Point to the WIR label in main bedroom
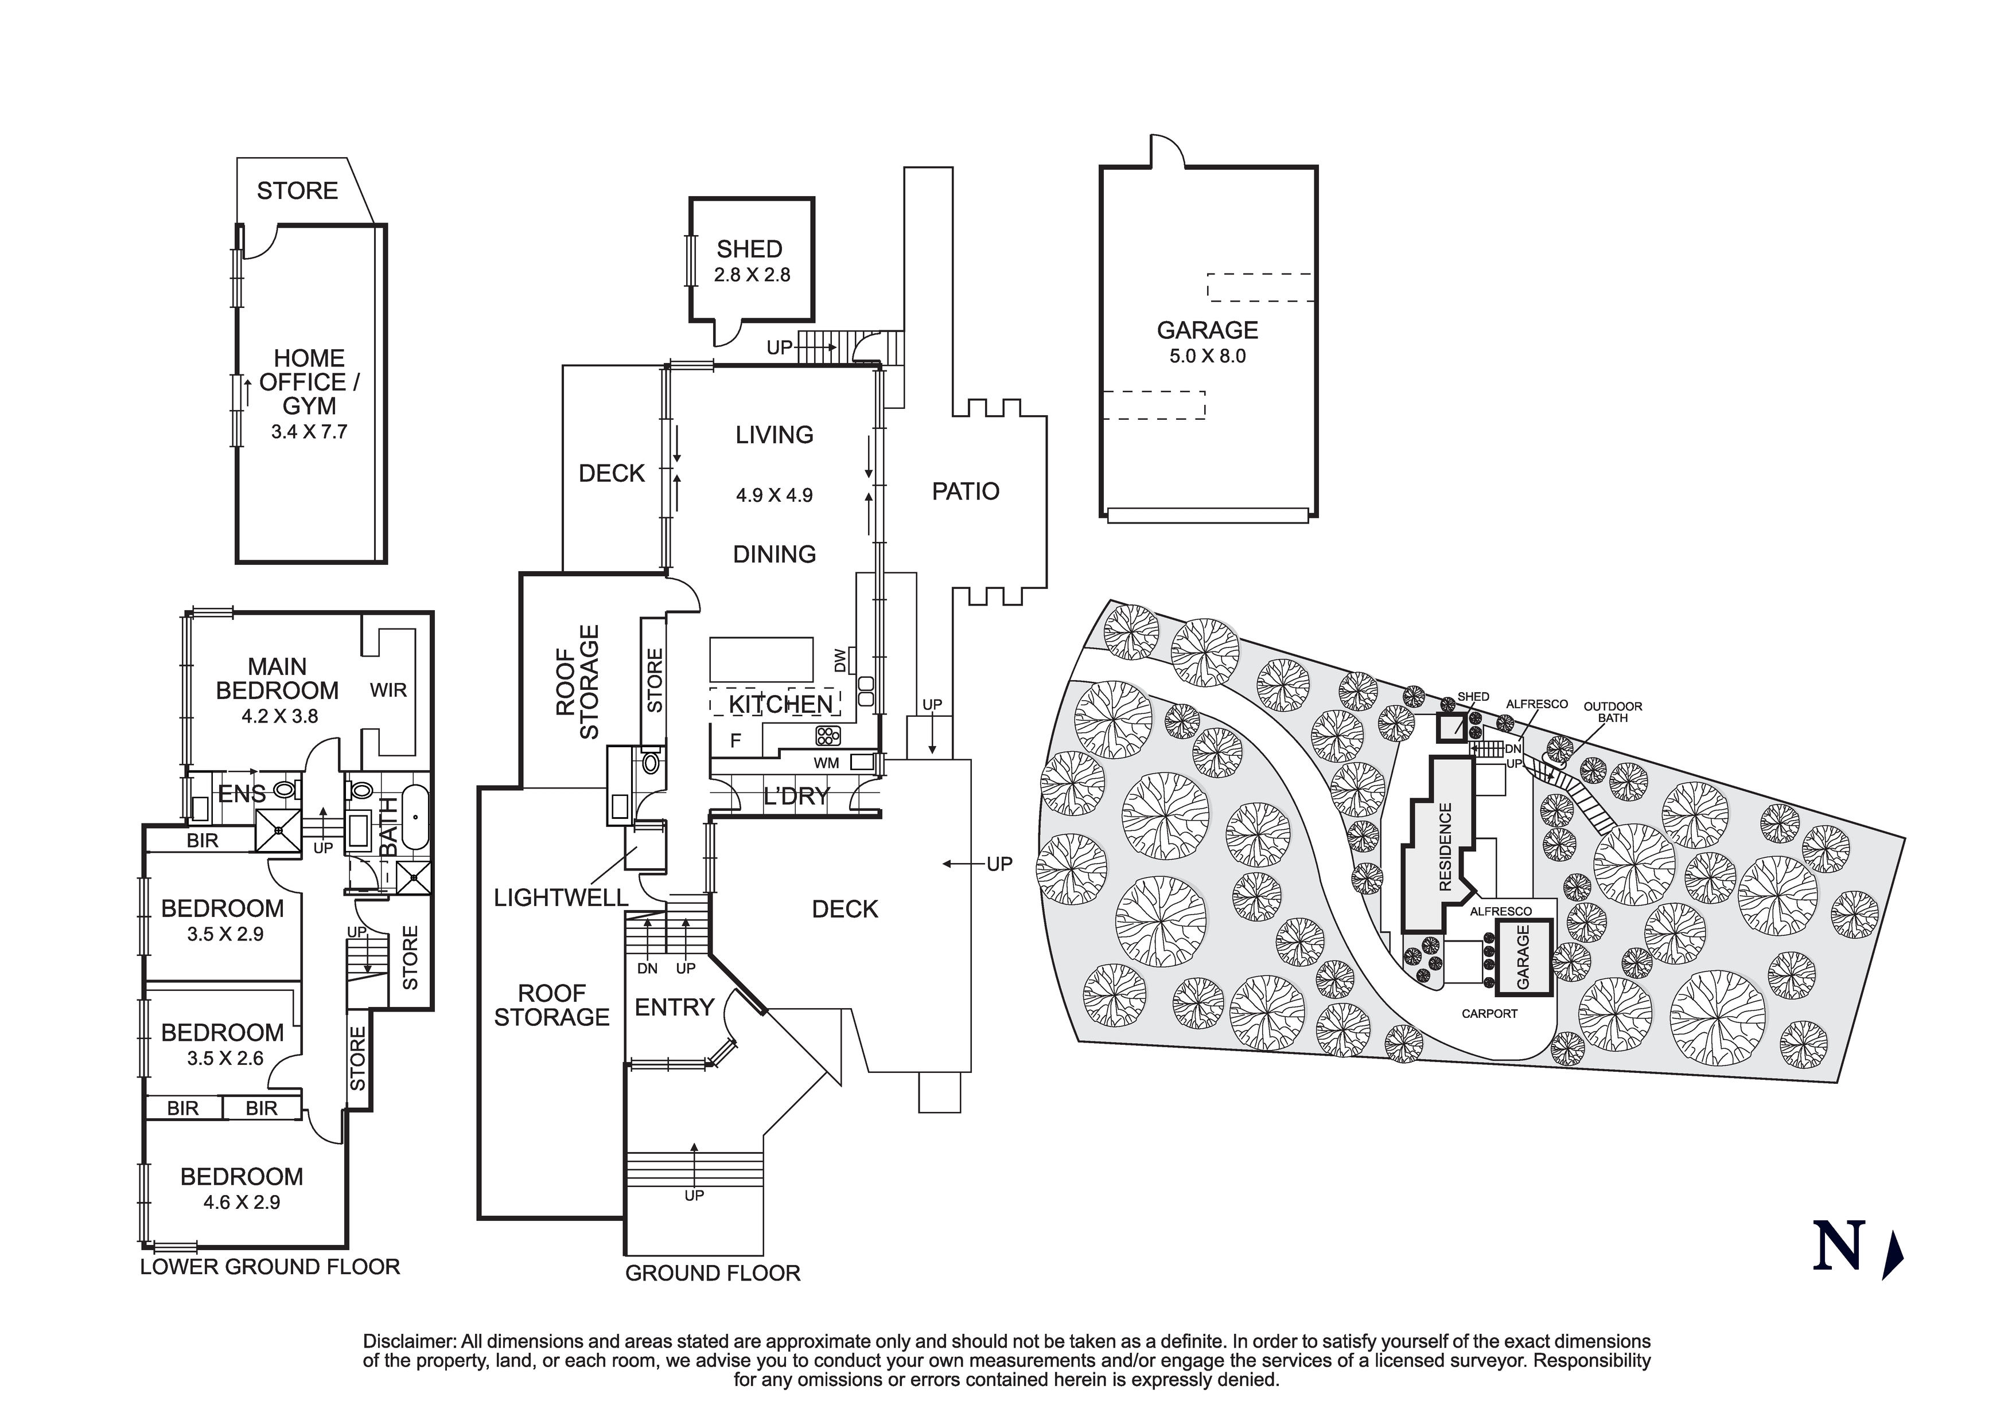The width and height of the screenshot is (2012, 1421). click(388, 690)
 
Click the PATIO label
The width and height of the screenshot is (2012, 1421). click(965, 491)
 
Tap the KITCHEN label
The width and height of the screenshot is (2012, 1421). click(780, 704)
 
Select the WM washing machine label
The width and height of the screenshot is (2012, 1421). click(826, 763)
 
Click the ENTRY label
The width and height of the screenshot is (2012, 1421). click(674, 1008)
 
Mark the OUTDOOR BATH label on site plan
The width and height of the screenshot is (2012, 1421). click(1612, 712)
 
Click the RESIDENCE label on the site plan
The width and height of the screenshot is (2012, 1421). click(1445, 847)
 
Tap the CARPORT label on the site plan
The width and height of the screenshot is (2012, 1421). click(1489, 1014)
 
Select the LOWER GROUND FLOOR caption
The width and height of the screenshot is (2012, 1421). click(270, 1267)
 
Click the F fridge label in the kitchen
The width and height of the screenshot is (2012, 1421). click(735, 741)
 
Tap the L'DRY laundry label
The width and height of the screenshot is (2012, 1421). click(796, 797)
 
